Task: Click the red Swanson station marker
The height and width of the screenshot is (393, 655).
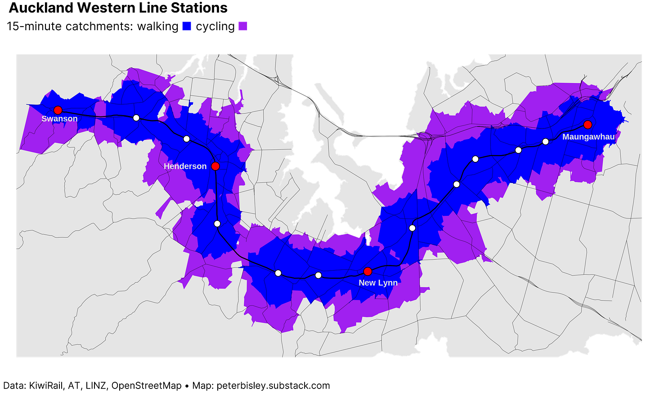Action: coord(58,110)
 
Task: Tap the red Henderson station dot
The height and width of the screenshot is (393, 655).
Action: coord(215,166)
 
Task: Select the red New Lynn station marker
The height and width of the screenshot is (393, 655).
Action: coord(368,271)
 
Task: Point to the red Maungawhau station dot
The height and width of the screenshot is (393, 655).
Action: coord(588,125)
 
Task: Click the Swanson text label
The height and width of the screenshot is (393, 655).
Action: coord(59,119)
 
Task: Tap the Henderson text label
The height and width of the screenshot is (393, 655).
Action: coord(185,166)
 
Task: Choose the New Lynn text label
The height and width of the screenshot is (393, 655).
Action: coord(378,283)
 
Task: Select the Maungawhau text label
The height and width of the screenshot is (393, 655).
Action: coord(588,137)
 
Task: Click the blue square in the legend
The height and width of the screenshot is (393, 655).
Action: coord(187,26)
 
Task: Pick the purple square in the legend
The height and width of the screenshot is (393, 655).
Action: coord(243,26)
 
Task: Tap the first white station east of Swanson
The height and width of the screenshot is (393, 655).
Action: coord(136,118)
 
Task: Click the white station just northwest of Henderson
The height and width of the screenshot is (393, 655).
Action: coord(187,138)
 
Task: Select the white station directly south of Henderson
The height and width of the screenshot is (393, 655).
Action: coord(217,223)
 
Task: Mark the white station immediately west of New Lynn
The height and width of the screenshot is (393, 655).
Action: coord(319,275)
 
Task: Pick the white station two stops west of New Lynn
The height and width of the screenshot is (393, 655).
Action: coord(278,273)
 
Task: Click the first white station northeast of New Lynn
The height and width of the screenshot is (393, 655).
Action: coord(412,228)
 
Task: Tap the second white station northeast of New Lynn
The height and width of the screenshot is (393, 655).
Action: coord(457,184)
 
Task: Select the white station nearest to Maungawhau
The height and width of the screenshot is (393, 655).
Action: coord(546,142)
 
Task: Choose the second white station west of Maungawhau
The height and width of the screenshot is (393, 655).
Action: coord(518,150)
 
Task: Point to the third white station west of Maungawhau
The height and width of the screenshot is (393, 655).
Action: coord(476,159)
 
